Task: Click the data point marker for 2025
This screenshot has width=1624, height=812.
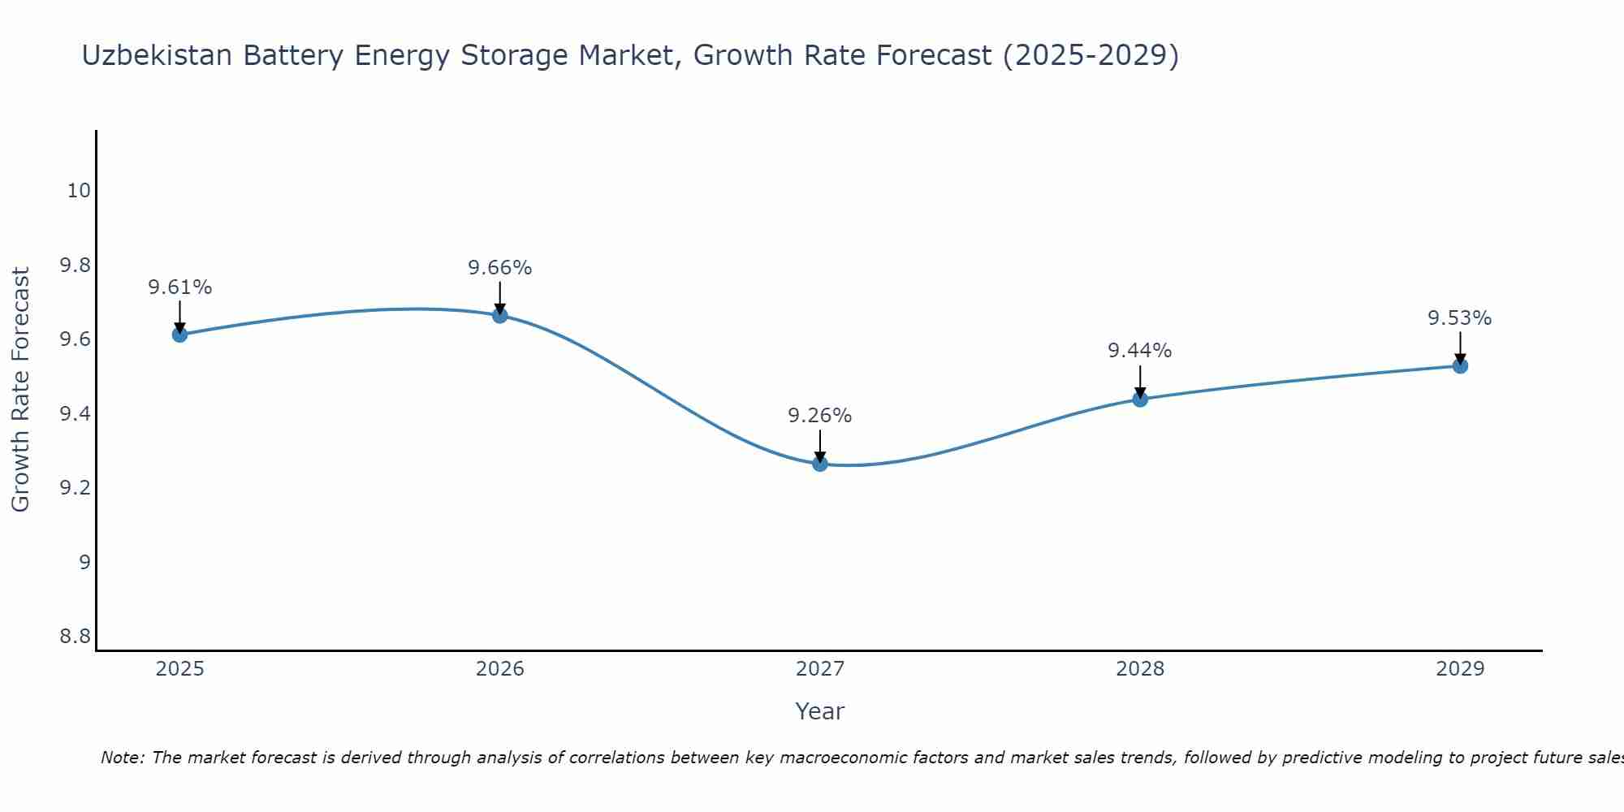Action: click(x=179, y=335)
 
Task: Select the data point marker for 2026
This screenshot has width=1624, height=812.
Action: click(x=500, y=315)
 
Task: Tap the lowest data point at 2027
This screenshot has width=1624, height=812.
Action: click(x=820, y=464)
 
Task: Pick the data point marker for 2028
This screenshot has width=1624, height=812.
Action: click(x=1140, y=399)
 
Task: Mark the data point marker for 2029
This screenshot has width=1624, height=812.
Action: click(x=1460, y=365)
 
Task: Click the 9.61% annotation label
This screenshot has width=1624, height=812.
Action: click(x=179, y=287)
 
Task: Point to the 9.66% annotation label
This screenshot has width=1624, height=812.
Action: click(x=500, y=268)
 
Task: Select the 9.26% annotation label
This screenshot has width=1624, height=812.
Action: click(x=820, y=416)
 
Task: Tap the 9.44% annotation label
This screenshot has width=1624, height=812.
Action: click(x=1140, y=351)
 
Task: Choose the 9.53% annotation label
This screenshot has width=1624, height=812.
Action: click(x=1460, y=318)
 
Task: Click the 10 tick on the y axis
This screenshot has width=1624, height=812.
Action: click(x=79, y=191)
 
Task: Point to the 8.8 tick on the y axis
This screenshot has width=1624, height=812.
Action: click(x=76, y=636)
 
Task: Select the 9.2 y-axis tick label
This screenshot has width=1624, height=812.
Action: click(x=76, y=488)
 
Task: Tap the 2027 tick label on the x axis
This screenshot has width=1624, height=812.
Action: click(x=820, y=669)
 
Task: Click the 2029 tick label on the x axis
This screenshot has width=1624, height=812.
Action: click(x=1460, y=669)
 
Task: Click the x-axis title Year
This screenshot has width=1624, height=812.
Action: click(x=820, y=711)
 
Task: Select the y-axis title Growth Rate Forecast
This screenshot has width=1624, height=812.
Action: click(x=21, y=390)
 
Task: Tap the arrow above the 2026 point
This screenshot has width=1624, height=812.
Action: click(x=500, y=297)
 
